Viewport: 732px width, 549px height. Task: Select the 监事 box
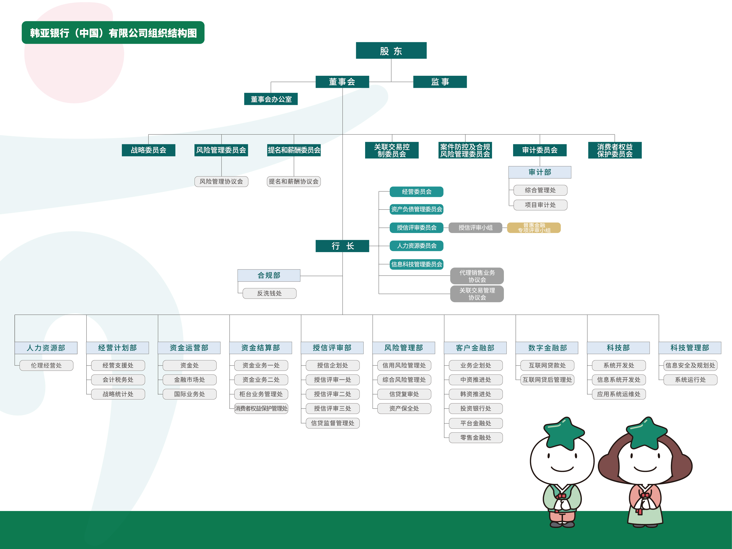click(440, 82)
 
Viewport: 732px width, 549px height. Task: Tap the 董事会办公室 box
click(271, 99)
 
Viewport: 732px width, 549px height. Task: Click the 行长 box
click(342, 246)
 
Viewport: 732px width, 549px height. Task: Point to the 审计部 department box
click(539, 172)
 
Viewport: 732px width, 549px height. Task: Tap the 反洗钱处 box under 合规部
click(269, 293)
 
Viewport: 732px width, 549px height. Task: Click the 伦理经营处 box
click(46, 365)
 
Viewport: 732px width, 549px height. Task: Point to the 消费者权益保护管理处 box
click(261, 408)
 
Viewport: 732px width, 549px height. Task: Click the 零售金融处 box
click(476, 437)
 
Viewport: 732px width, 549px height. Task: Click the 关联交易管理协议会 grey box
click(477, 294)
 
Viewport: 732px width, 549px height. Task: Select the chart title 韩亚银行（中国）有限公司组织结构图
click(113, 33)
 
